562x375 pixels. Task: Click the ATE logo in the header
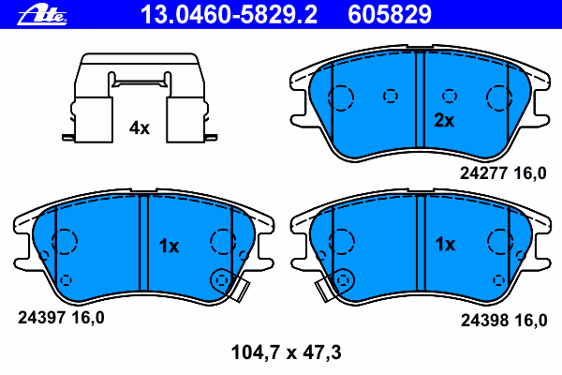tap(42, 15)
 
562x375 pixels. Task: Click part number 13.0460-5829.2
tap(229, 15)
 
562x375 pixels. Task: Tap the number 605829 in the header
tap(390, 15)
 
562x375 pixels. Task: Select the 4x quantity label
tap(140, 127)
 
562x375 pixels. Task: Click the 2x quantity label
tap(444, 120)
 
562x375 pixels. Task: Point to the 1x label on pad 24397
tap(169, 247)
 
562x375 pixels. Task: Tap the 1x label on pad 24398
tap(445, 245)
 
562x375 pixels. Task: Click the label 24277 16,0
tap(503, 173)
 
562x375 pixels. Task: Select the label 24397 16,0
tap(61, 318)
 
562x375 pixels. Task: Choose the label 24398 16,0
tap(504, 320)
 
